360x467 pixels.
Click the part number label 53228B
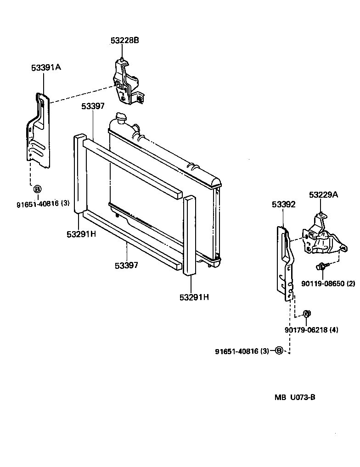[x=124, y=40]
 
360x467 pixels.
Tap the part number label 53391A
[x=46, y=67]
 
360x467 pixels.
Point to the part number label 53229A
[x=323, y=195]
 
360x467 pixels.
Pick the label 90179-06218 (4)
[x=311, y=329]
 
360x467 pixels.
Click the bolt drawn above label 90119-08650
[x=321, y=266]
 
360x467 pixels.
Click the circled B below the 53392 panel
[x=279, y=351]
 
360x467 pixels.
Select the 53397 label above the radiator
[x=93, y=106]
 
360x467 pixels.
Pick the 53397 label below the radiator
[x=126, y=265]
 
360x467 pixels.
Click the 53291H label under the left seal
[x=81, y=234]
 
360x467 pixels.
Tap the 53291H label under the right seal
[x=194, y=297]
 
